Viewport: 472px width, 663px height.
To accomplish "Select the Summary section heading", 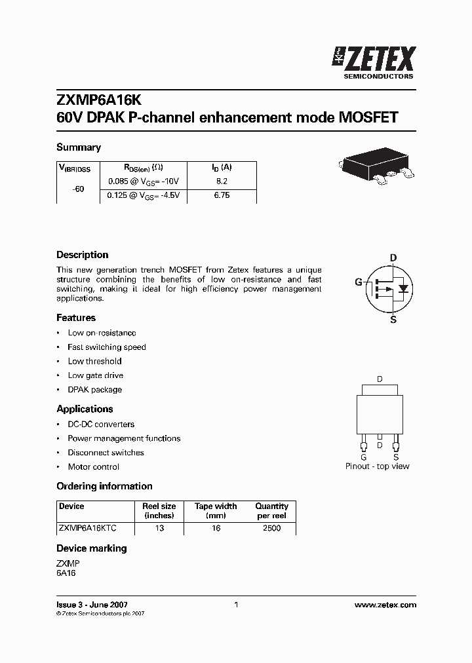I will pos(79,147).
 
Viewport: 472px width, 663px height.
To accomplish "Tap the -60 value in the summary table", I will pos(79,188).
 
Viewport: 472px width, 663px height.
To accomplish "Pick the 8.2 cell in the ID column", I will pos(222,181).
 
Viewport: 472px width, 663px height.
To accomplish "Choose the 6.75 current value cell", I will pos(222,195).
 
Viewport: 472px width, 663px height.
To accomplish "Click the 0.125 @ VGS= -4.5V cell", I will pos(144,195).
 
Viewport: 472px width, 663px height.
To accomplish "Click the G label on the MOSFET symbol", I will pos(359,282).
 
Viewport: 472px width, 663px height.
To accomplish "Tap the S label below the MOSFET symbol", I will pos(393,320).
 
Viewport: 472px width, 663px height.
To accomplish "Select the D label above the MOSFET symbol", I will pos(393,257).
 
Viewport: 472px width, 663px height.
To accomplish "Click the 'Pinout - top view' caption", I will pos(377,466).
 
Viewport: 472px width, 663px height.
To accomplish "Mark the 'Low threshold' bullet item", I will pos(94,361).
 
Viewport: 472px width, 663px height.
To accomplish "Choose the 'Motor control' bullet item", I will pos(93,467).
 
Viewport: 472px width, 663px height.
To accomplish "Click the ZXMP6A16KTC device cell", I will pos(87,528).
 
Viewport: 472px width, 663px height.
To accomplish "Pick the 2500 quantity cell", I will pos(271,528).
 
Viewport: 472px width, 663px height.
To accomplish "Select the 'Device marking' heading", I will pos(92,548).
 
